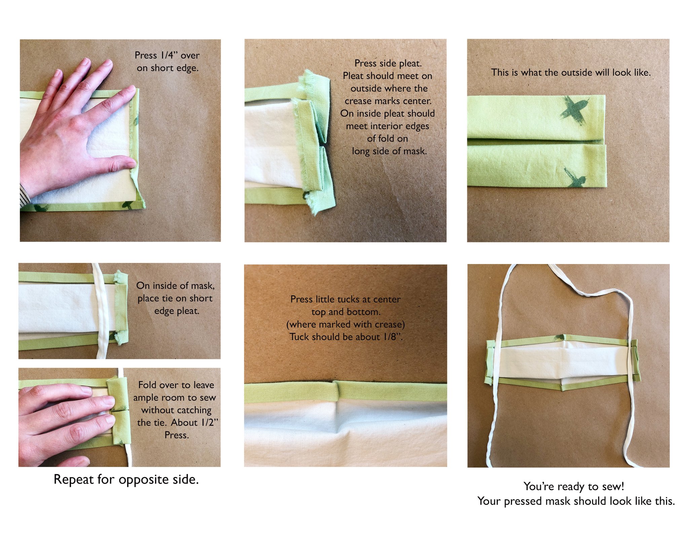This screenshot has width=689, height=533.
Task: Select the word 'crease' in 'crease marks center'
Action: (358, 101)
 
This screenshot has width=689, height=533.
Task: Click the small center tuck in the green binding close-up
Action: (337, 391)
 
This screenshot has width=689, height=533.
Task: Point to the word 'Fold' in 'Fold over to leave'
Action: (148, 385)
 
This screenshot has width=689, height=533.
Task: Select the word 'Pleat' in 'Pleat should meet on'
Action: (353, 76)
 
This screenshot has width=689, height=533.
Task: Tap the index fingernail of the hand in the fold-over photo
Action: (109, 400)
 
